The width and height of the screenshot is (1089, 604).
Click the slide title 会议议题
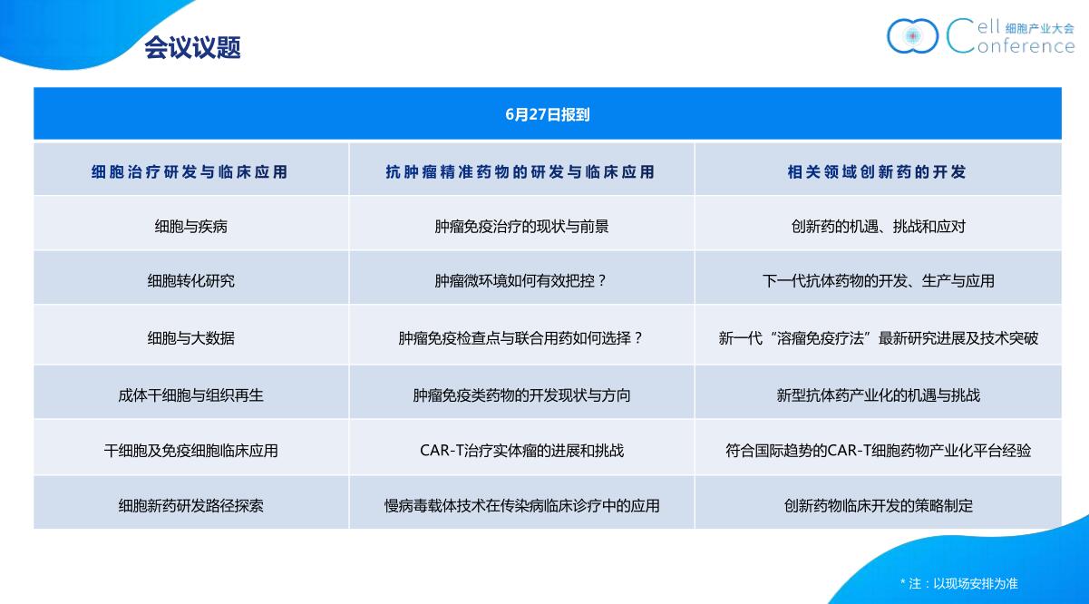coord(192,48)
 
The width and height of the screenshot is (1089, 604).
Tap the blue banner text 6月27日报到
coord(548,114)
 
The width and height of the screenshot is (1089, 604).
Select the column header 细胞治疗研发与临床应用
coord(190,171)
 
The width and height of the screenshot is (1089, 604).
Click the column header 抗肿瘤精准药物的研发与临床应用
coord(520,171)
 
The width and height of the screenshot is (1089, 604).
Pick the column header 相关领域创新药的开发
coord(877,171)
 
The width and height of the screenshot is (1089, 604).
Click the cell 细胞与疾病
coord(191,226)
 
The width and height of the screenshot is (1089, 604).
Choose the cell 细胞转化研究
coord(191,280)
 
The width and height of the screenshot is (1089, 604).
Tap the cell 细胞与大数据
coord(191,337)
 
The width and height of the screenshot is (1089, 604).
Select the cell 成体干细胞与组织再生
coord(191,395)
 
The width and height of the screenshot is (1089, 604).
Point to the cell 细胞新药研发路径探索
coord(191,506)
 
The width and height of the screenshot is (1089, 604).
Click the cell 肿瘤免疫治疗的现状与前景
coord(521,226)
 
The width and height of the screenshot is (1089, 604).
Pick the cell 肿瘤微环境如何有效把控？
coord(520,280)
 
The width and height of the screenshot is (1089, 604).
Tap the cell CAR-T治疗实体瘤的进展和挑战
coord(521,451)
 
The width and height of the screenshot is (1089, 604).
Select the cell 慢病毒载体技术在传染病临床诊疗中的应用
coord(521,506)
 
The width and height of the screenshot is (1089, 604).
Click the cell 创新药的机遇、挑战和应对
coord(878,226)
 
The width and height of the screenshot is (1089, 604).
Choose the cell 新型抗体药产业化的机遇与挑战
coord(878,395)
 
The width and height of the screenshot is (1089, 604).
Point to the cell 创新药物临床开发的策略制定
coord(878,506)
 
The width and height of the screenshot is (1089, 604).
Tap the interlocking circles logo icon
coord(912,35)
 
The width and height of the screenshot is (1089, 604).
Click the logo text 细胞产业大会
coord(1039,28)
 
